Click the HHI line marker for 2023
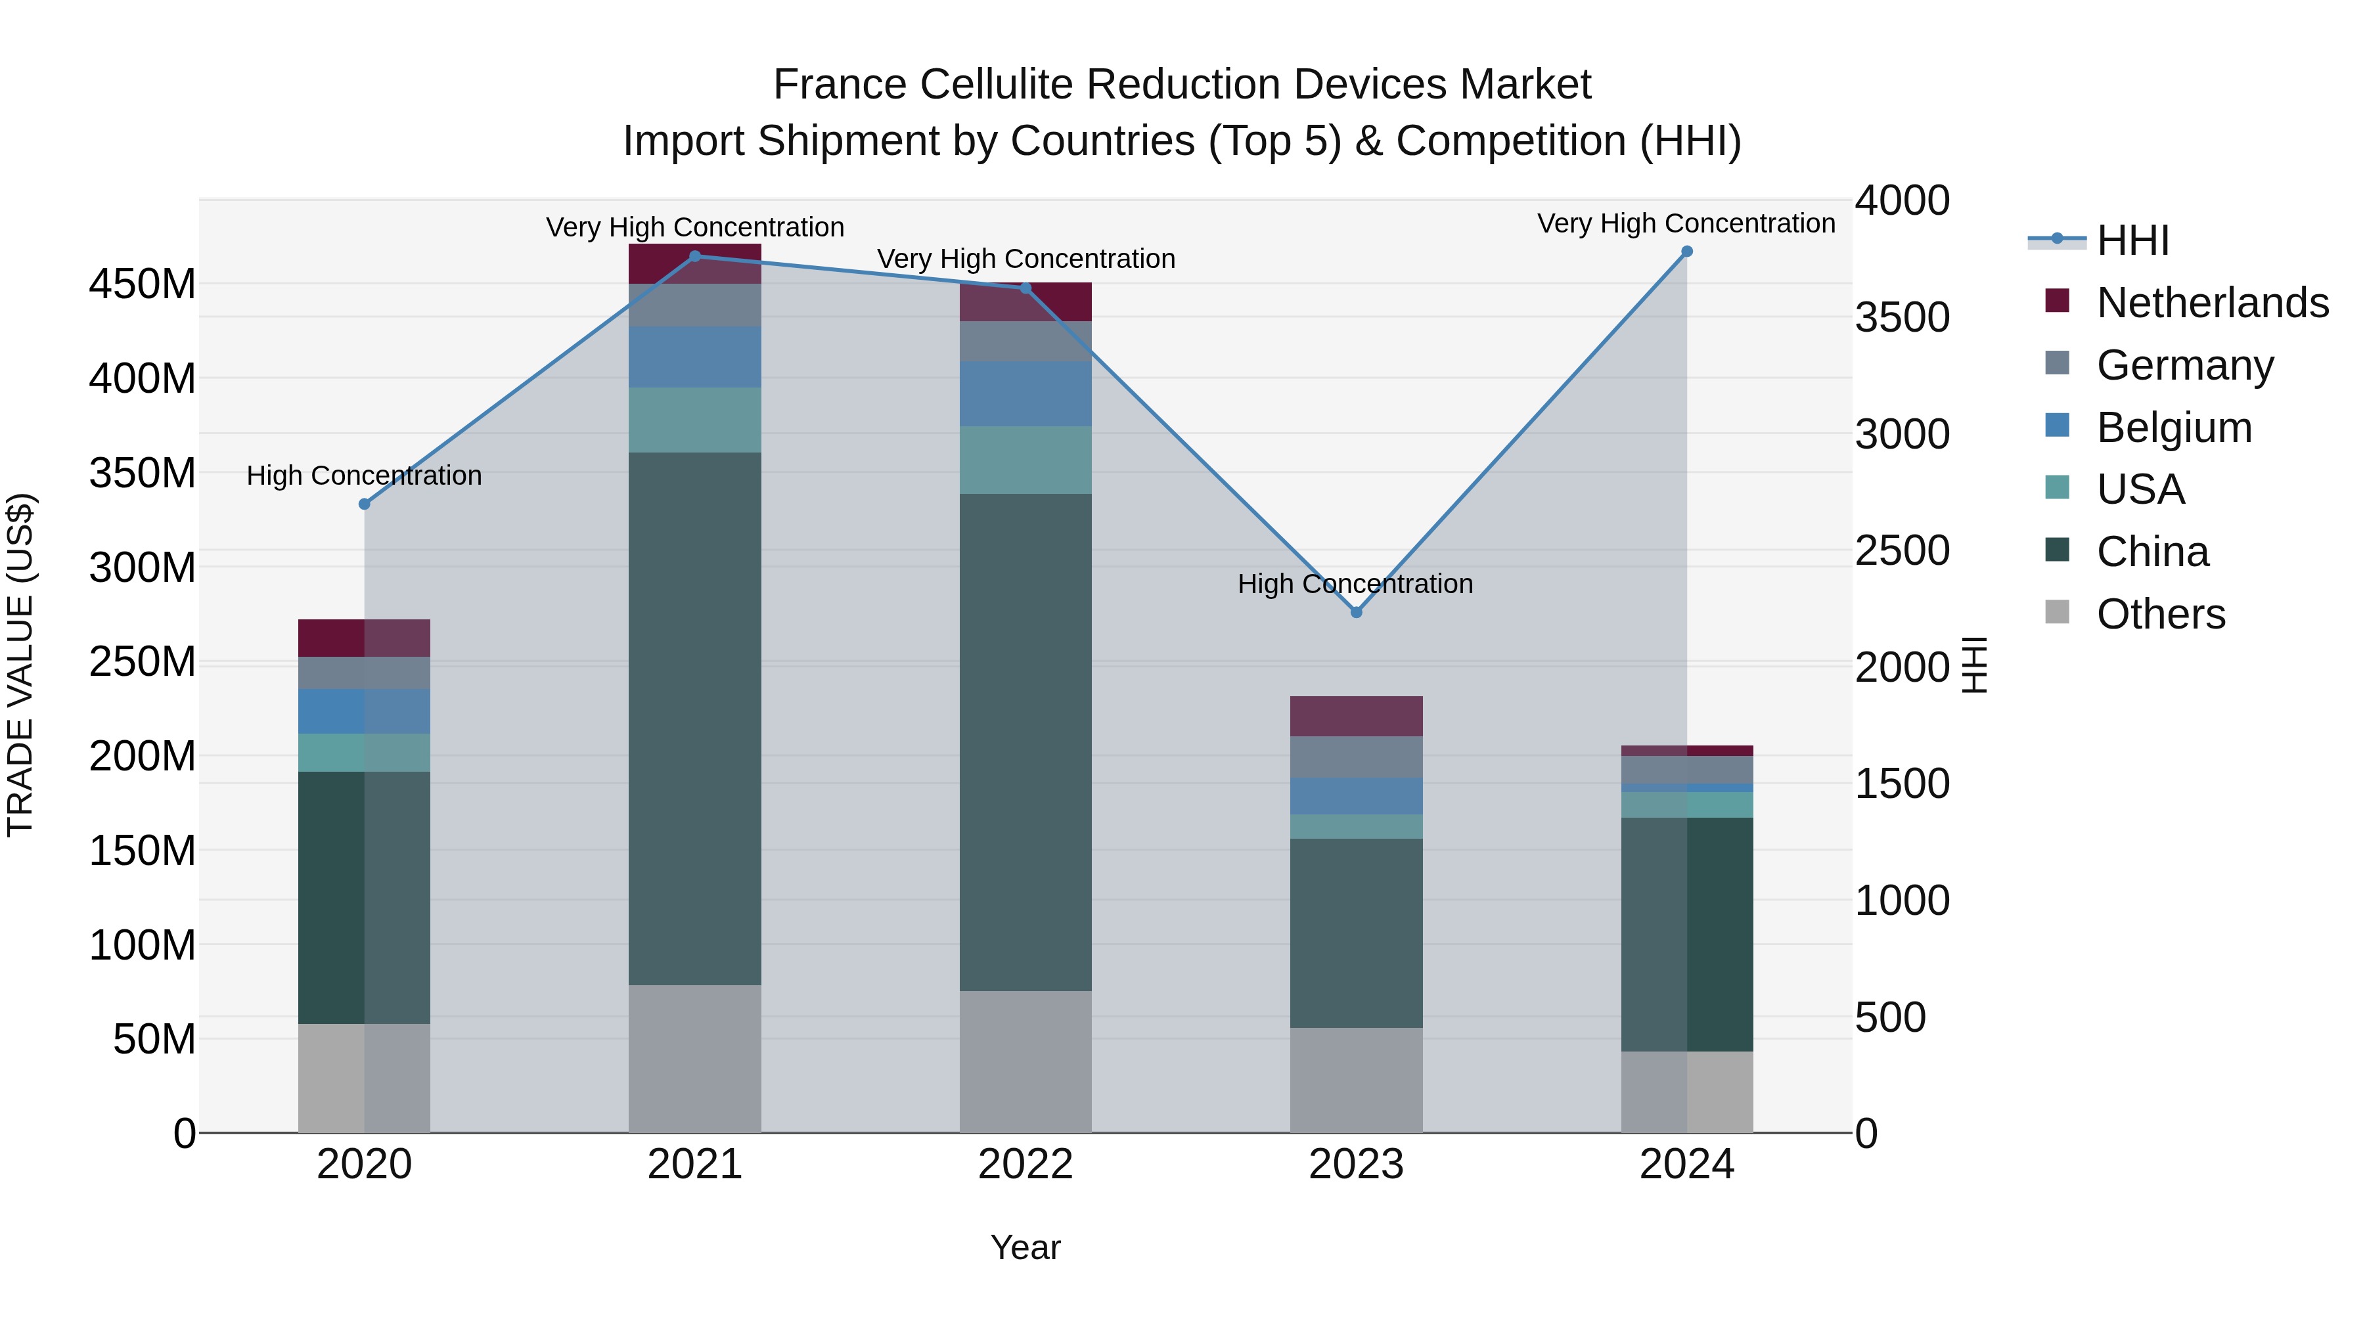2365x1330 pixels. tap(1356, 612)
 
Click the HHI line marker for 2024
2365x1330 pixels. tap(1686, 252)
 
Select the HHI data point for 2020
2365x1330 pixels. tap(365, 504)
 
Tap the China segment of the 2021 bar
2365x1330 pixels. tap(695, 718)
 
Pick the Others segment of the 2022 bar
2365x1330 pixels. tap(1025, 1061)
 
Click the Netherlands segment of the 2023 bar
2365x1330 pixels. tap(1356, 716)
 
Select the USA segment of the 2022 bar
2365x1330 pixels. tap(1025, 460)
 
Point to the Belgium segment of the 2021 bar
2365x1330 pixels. tap(695, 357)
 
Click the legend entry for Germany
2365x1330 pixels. tap(2185, 365)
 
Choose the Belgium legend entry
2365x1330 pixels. tap(2174, 428)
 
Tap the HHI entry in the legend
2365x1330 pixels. tap(2132, 240)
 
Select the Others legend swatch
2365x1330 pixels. tap(2058, 612)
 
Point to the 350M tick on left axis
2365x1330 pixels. tap(143, 474)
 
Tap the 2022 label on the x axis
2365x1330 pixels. tap(1025, 1164)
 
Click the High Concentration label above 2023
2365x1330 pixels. tap(1355, 584)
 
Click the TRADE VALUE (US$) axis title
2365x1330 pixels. tap(20, 665)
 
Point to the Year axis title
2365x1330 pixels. tap(1025, 1247)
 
